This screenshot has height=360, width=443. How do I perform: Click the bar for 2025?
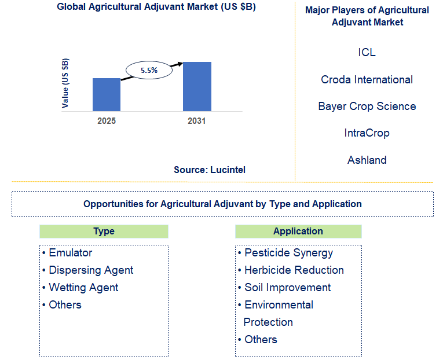pyautogui.click(x=107, y=94)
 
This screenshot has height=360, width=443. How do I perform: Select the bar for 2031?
pyautogui.click(x=197, y=86)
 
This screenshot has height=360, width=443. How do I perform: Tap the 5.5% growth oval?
pyautogui.click(x=149, y=70)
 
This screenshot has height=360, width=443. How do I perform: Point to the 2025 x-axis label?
pyautogui.click(x=107, y=121)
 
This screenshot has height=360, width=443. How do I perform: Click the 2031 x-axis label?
pyautogui.click(x=197, y=121)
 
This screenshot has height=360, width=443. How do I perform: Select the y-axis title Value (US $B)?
pyautogui.click(x=65, y=83)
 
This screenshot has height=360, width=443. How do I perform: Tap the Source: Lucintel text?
pyautogui.click(x=210, y=170)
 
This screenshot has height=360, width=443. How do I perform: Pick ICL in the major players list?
pyautogui.click(x=367, y=53)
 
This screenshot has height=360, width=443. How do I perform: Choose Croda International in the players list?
pyautogui.click(x=367, y=79)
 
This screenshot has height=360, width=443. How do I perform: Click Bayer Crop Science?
pyautogui.click(x=367, y=106)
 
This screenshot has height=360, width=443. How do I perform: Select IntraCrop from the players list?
pyautogui.click(x=367, y=133)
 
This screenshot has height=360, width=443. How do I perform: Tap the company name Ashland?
pyautogui.click(x=367, y=160)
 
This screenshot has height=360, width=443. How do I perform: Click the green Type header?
pyautogui.click(x=104, y=231)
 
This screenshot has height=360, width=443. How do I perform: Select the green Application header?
pyautogui.click(x=298, y=231)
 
